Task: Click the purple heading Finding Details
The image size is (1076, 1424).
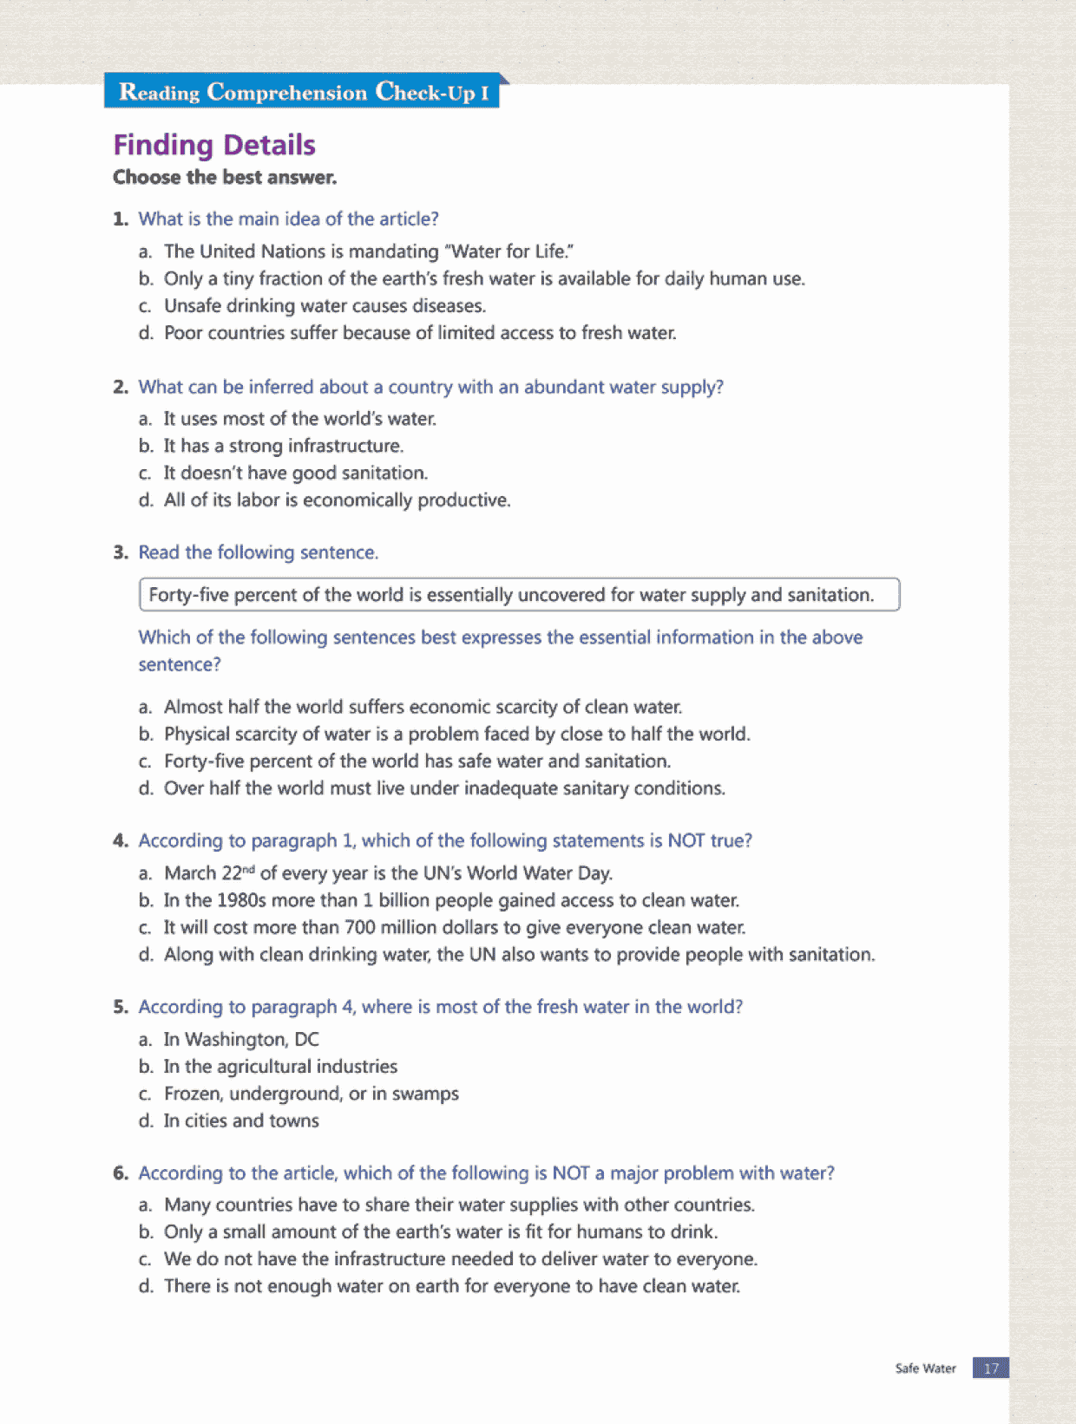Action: click(x=214, y=145)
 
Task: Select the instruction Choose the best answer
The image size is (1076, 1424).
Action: click(x=225, y=178)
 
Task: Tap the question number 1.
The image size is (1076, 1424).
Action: click(x=120, y=219)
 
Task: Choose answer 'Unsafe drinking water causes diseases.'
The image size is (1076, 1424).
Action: click(x=325, y=306)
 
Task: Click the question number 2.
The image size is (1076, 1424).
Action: click(x=120, y=388)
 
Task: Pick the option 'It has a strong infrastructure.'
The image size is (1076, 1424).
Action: click(x=284, y=447)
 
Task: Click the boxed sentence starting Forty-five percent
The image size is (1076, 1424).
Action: click(x=519, y=595)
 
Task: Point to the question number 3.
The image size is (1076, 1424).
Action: click(x=120, y=553)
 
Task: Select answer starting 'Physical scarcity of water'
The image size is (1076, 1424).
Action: click(x=456, y=735)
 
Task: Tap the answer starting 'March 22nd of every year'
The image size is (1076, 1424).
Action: click(x=388, y=873)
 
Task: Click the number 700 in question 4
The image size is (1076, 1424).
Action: click(x=359, y=928)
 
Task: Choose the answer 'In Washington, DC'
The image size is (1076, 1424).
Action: click(x=241, y=1040)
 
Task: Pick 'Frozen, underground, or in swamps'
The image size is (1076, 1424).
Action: click(x=311, y=1094)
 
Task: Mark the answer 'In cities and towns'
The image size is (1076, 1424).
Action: click(x=241, y=1121)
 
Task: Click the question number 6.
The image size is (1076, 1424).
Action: click(x=120, y=1173)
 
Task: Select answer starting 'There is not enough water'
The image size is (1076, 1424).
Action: click(x=451, y=1287)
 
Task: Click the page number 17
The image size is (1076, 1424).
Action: click(x=991, y=1368)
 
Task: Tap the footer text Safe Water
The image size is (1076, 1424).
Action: click(x=925, y=1368)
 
